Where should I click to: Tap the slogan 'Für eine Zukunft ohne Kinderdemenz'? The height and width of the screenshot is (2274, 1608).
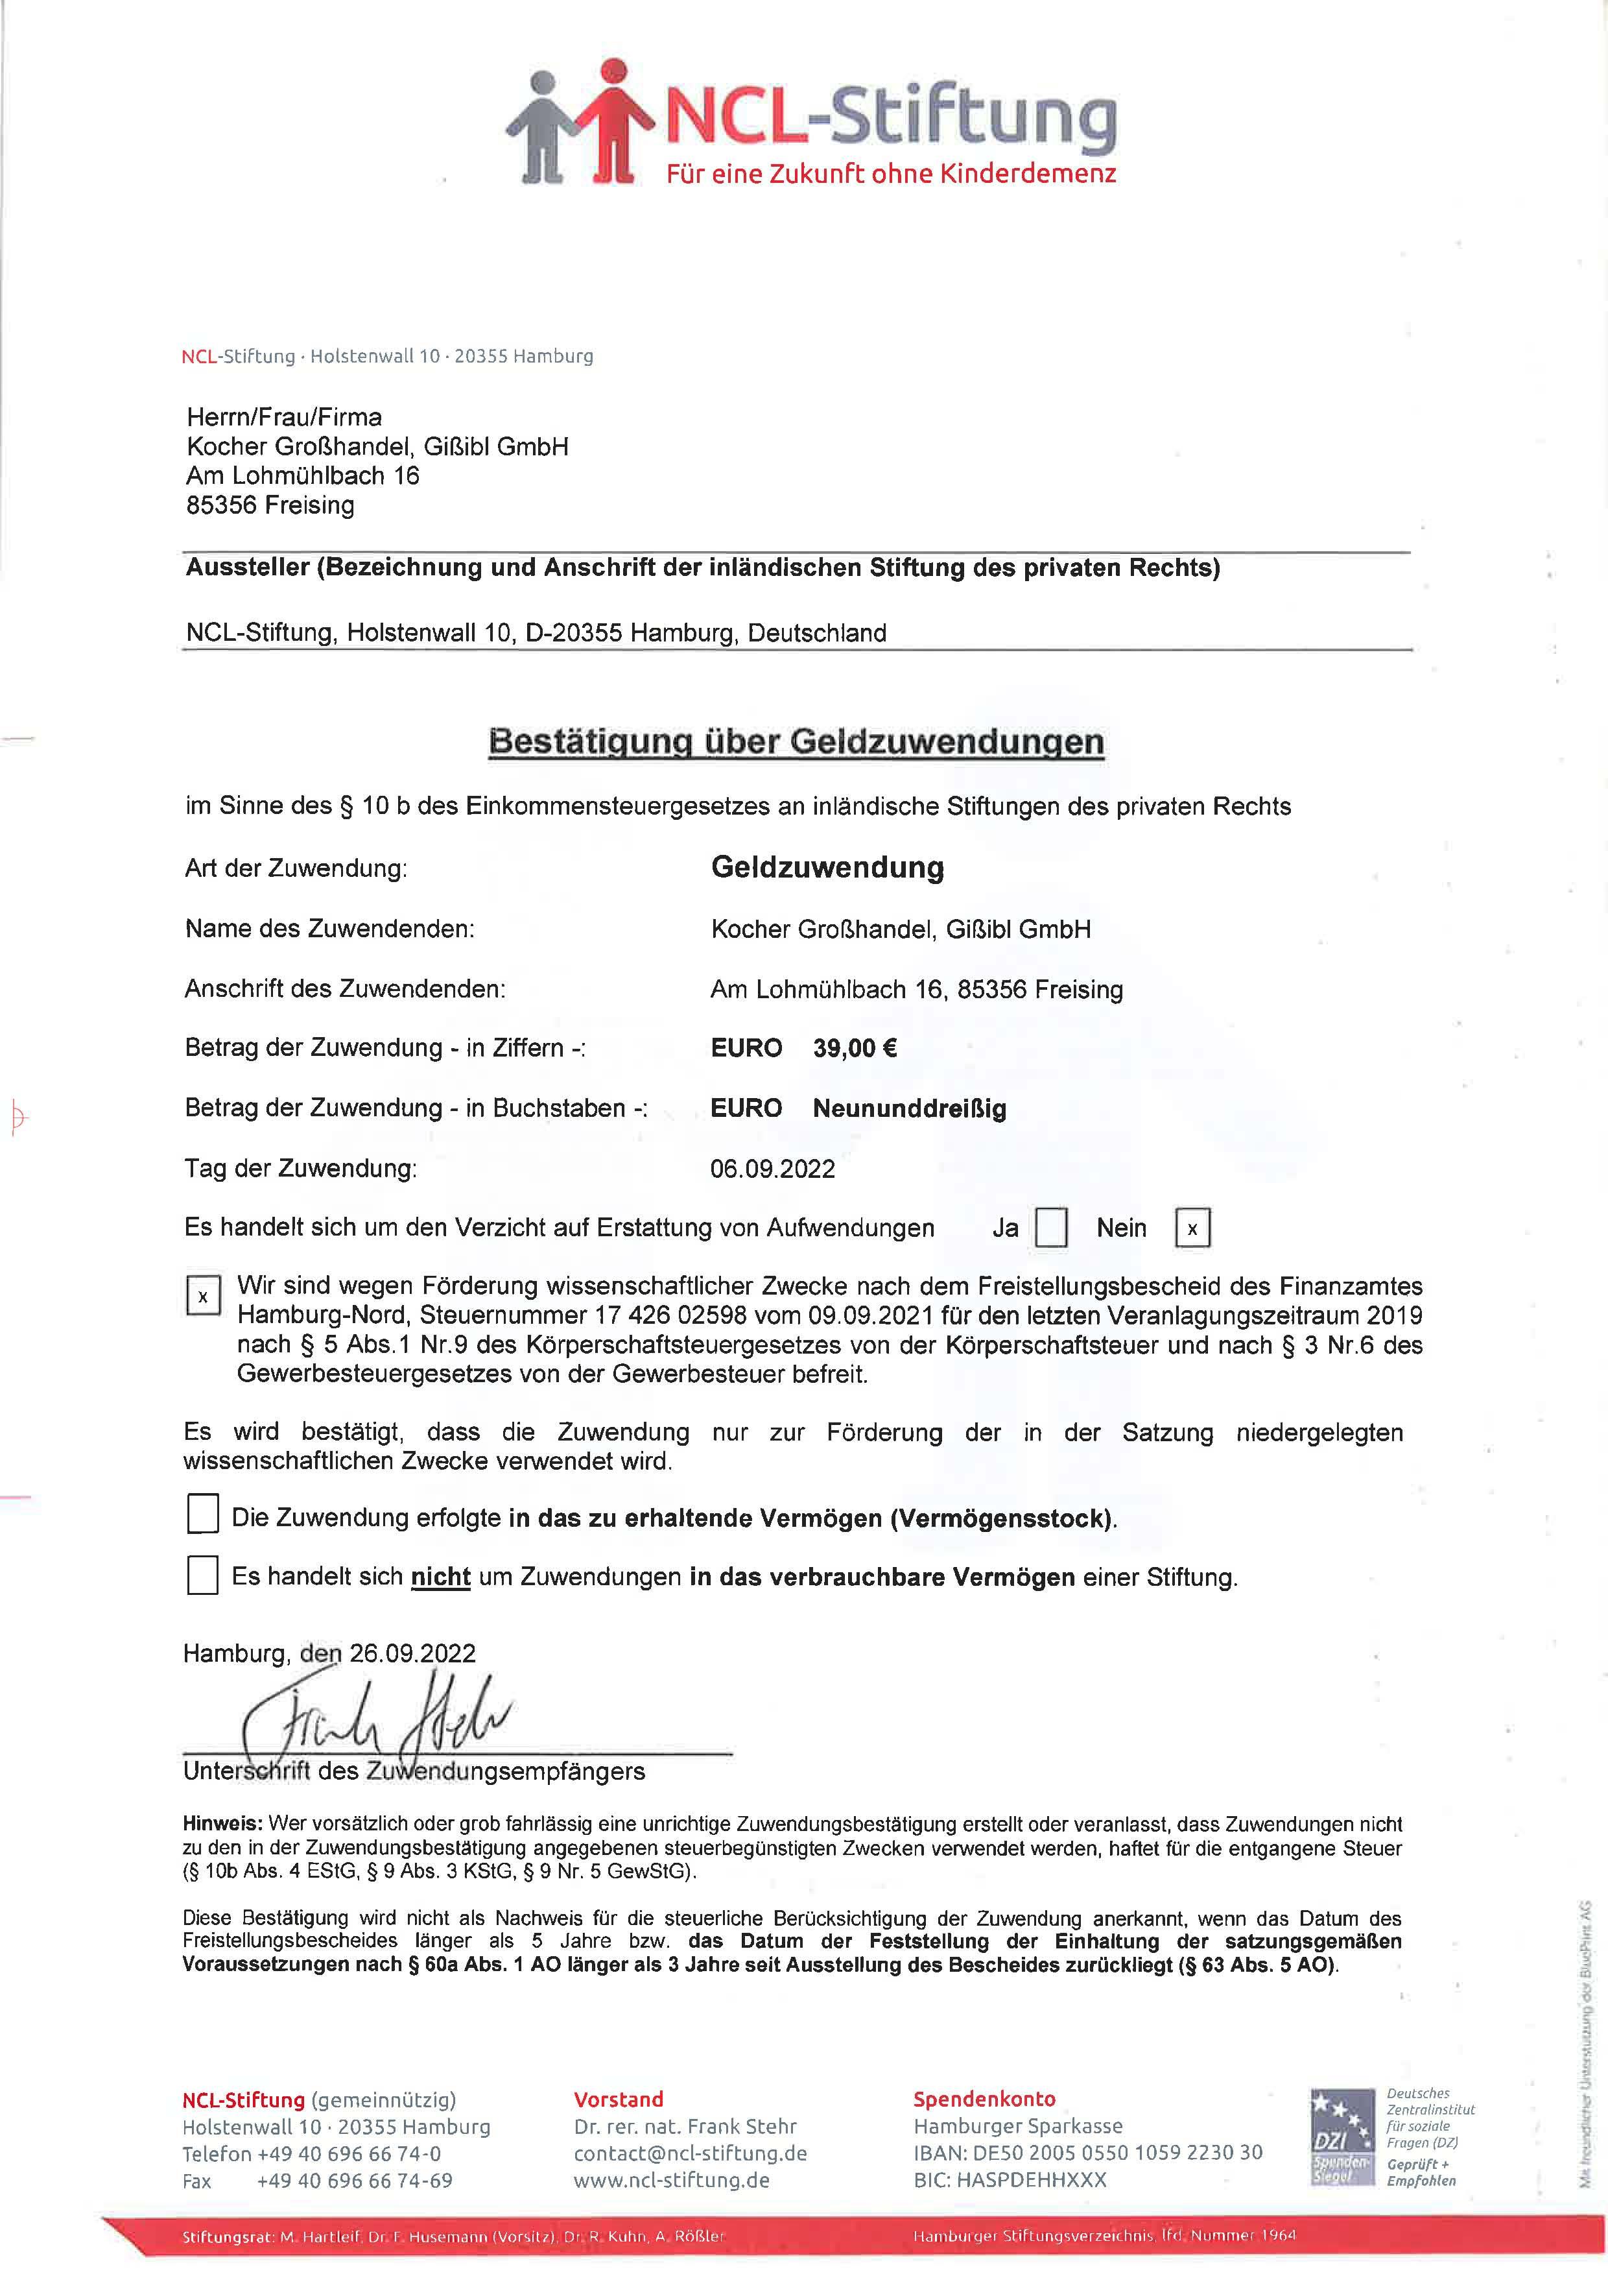890,174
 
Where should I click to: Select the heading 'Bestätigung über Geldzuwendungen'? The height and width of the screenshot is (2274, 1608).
796,742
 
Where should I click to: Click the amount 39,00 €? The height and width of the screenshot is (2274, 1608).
855,1048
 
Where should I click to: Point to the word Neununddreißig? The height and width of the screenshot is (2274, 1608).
909,1108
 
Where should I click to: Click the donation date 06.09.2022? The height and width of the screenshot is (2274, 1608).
772,1169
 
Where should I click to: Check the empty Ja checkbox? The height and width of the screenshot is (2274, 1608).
1050,1228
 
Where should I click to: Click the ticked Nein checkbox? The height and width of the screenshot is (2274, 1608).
1192,1228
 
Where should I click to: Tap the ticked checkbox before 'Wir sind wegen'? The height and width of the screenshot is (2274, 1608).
203,1295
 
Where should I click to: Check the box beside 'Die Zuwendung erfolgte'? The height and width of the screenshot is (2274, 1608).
203,1514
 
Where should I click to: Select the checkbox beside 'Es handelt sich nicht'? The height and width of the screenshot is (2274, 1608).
203,1575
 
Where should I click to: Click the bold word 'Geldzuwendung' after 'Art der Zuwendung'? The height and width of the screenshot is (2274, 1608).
827,868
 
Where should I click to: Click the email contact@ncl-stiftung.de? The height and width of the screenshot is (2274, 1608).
690,2153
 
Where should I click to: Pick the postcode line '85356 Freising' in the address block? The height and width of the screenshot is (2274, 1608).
270,505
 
